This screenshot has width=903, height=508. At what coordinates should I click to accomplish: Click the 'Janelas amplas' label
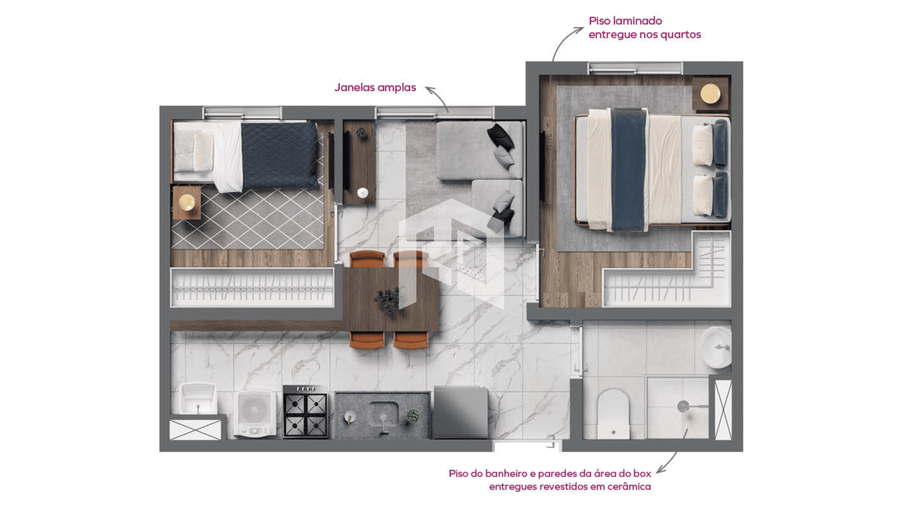pos(375,88)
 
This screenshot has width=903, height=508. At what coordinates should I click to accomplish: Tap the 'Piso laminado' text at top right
pos(625,21)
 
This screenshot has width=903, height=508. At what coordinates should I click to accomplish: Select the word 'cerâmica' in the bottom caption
pos(629,487)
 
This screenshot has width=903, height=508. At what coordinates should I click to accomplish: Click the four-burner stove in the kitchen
pos(305,412)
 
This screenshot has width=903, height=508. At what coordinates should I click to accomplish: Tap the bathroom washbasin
pos(716,347)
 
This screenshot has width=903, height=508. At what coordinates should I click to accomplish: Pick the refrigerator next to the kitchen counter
pos(460,413)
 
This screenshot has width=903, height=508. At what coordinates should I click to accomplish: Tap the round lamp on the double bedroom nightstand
pos(710,93)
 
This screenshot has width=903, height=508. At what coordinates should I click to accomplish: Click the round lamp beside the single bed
pos(187,202)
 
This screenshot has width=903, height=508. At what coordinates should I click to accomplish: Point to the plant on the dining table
pos(388,300)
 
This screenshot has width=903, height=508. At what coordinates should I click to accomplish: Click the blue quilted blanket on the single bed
pos(280,155)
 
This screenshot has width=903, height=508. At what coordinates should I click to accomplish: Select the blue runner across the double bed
pos(628,169)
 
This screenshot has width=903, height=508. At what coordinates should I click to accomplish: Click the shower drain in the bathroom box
pos(683,406)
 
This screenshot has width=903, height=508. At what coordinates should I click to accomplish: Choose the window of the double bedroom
pos(635,69)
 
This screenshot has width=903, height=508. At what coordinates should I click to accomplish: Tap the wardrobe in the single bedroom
pos(252,287)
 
